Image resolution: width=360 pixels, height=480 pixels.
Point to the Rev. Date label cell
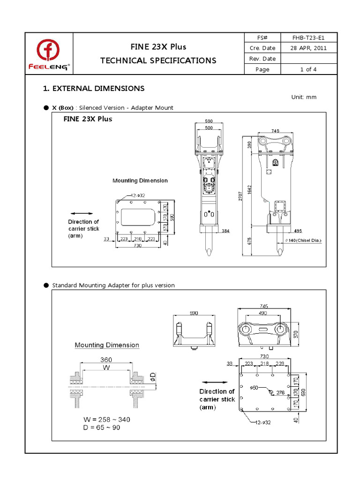coord(262,59)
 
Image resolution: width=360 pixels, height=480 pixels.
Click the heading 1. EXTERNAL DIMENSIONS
coord(94,89)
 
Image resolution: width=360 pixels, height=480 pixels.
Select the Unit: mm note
coord(304,97)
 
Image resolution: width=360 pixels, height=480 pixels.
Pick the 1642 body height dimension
coord(250,189)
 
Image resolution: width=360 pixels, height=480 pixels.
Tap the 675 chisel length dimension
coord(249,241)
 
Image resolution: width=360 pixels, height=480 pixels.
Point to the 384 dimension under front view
coord(225,231)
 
